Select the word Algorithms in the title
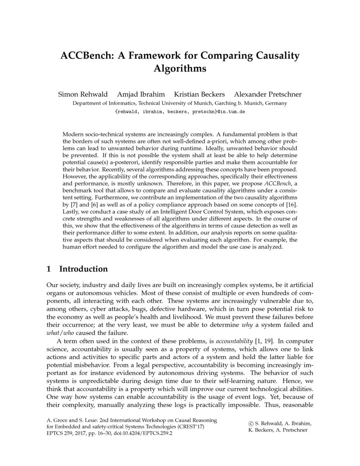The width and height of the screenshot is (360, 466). coord(180,69)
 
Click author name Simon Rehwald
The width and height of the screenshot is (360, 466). coord(83,94)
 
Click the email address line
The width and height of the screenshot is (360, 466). coord(180,112)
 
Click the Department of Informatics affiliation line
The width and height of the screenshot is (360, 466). coord(180,103)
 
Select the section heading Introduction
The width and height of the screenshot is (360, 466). coord(83,269)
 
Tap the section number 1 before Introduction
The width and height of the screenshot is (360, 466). coord(49,269)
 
